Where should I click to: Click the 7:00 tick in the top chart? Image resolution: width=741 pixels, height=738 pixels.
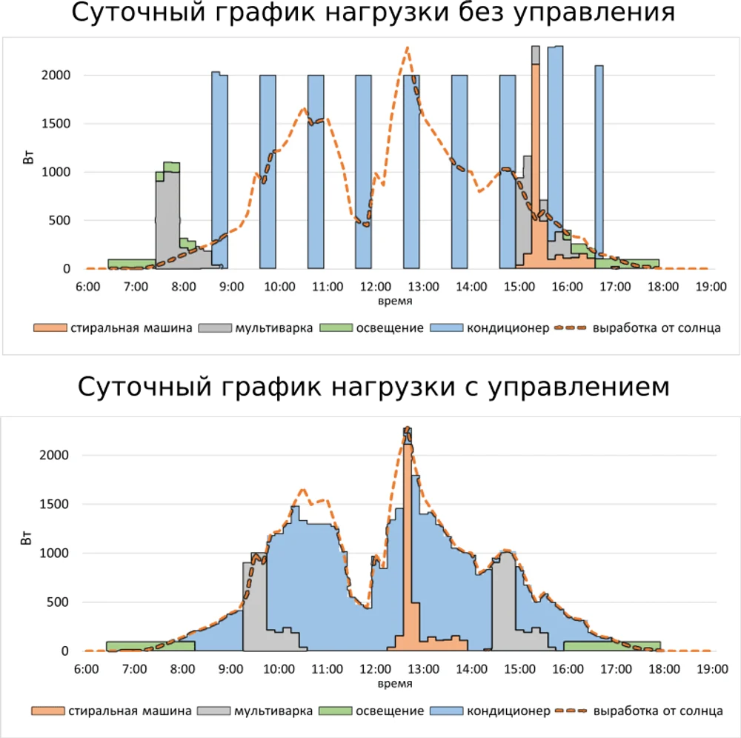coord(136,287)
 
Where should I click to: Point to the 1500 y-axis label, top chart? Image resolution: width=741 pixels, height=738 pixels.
coord(56,124)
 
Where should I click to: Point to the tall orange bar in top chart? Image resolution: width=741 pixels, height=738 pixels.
coord(535,163)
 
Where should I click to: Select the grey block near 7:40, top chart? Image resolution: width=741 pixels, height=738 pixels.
coord(167,222)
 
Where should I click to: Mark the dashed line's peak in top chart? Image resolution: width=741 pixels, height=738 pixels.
coord(408,48)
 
